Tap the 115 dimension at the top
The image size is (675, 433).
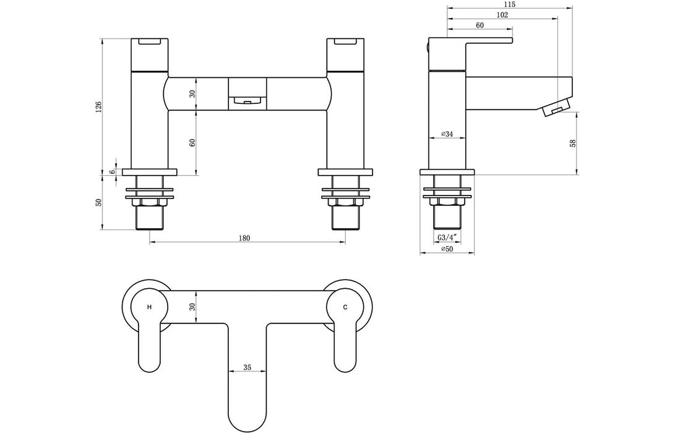[509, 4]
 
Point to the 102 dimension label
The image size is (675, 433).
[502, 15]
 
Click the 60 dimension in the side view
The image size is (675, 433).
[479, 25]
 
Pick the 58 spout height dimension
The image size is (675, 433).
[572, 143]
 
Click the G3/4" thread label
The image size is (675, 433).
[447, 238]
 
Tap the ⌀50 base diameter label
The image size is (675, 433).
[447, 249]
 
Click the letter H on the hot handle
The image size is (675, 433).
[148, 307]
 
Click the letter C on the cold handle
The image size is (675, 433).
[345, 307]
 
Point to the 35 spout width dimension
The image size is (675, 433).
[247, 367]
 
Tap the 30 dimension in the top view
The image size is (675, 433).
[192, 306]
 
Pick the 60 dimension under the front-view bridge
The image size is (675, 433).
[192, 142]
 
